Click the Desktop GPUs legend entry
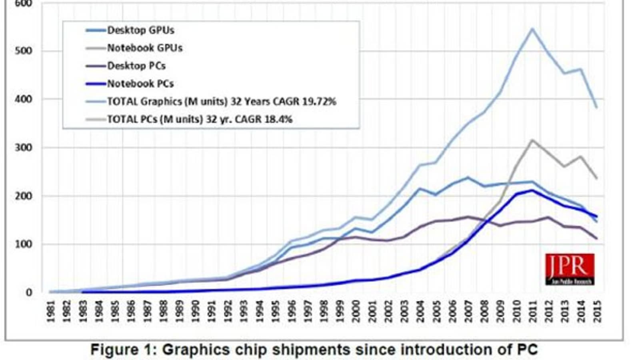coord(140,30)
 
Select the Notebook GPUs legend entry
coord(144,48)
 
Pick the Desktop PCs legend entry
coord(136,66)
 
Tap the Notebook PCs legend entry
coord(140,84)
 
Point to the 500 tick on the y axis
coord(26,51)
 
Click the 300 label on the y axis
coord(26,148)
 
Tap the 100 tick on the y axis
coord(26,244)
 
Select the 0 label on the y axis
coord(29,292)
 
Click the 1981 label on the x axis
coord(51,311)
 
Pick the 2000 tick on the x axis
coord(355,311)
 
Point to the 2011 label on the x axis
coord(532,311)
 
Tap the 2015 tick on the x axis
coord(597,311)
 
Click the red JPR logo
coord(570,269)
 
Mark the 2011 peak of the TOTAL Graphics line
coord(532,28)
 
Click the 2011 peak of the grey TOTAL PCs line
coord(532,140)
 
